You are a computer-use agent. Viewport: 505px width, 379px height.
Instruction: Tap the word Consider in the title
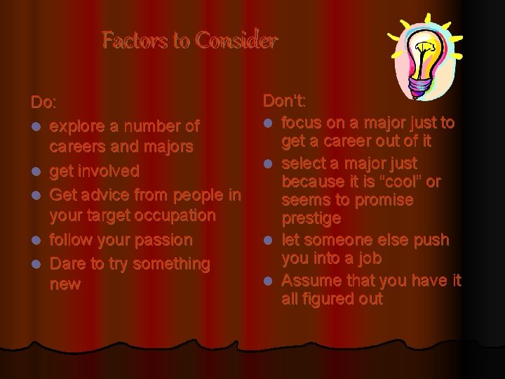pos(236,41)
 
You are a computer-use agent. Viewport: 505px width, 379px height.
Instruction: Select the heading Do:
pos(43,102)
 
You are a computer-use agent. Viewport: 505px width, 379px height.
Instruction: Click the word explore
pos(77,127)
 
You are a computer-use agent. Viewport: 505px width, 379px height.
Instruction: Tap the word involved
pos(109,171)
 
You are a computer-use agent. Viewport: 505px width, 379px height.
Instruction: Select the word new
pos(65,284)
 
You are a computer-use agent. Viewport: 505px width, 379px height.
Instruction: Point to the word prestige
pos(311,219)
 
